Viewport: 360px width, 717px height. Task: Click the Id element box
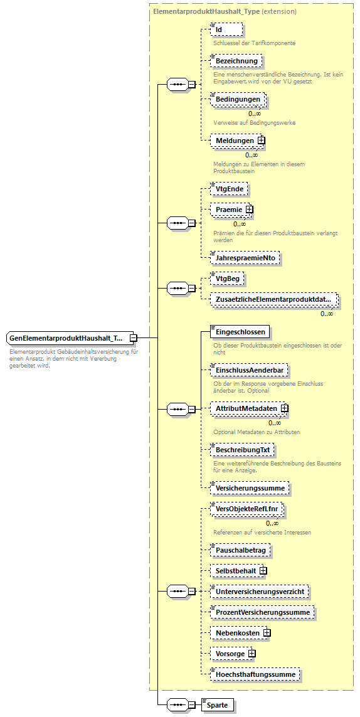(226, 29)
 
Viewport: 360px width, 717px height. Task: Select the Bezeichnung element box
(236, 61)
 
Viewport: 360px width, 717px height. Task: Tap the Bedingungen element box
(238, 100)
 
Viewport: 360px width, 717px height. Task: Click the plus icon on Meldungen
(261, 141)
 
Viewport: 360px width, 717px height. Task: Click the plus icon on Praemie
(249, 209)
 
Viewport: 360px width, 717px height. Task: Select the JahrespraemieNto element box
(245, 257)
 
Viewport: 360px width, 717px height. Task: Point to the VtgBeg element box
(227, 279)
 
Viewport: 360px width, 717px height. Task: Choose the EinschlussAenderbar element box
(248, 371)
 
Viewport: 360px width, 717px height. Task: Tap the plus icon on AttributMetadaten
(285, 408)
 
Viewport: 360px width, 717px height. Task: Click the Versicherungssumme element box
(249, 487)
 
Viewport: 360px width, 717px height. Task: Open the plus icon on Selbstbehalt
(263, 570)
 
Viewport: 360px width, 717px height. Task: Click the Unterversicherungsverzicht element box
(260, 591)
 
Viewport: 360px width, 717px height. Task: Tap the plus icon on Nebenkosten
(267, 633)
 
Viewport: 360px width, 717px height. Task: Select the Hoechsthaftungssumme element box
(255, 674)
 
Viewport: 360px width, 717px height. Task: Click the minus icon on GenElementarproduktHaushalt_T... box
(133, 338)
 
